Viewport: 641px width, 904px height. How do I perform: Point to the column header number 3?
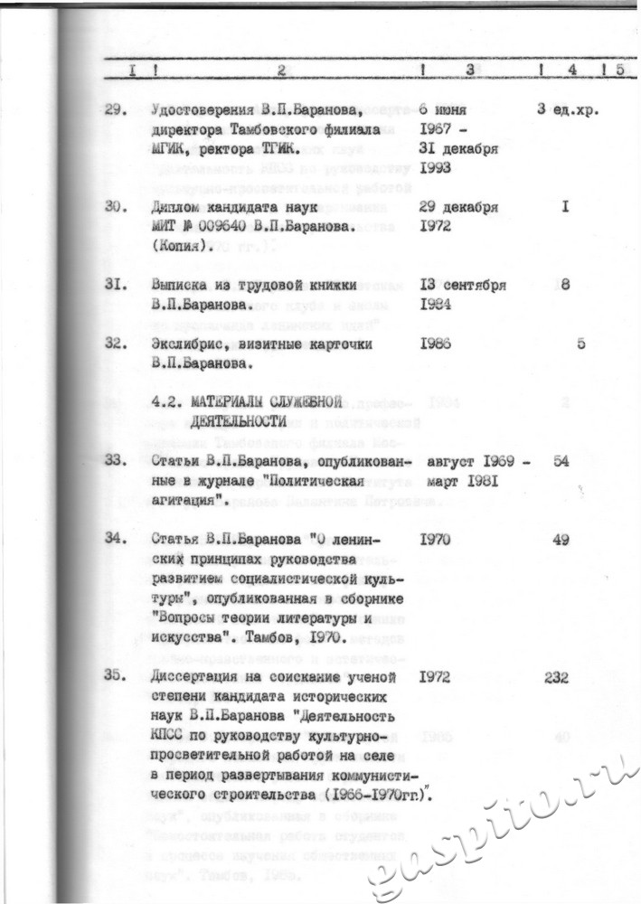click(470, 70)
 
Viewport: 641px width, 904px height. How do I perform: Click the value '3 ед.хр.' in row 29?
click(569, 110)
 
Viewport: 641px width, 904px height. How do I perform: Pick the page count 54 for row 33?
click(561, 461)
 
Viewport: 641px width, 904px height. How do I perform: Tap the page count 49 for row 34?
click(561, 540)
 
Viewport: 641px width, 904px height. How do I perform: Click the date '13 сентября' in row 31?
click(463, 285)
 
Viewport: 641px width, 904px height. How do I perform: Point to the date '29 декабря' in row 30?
click(459, 207)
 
